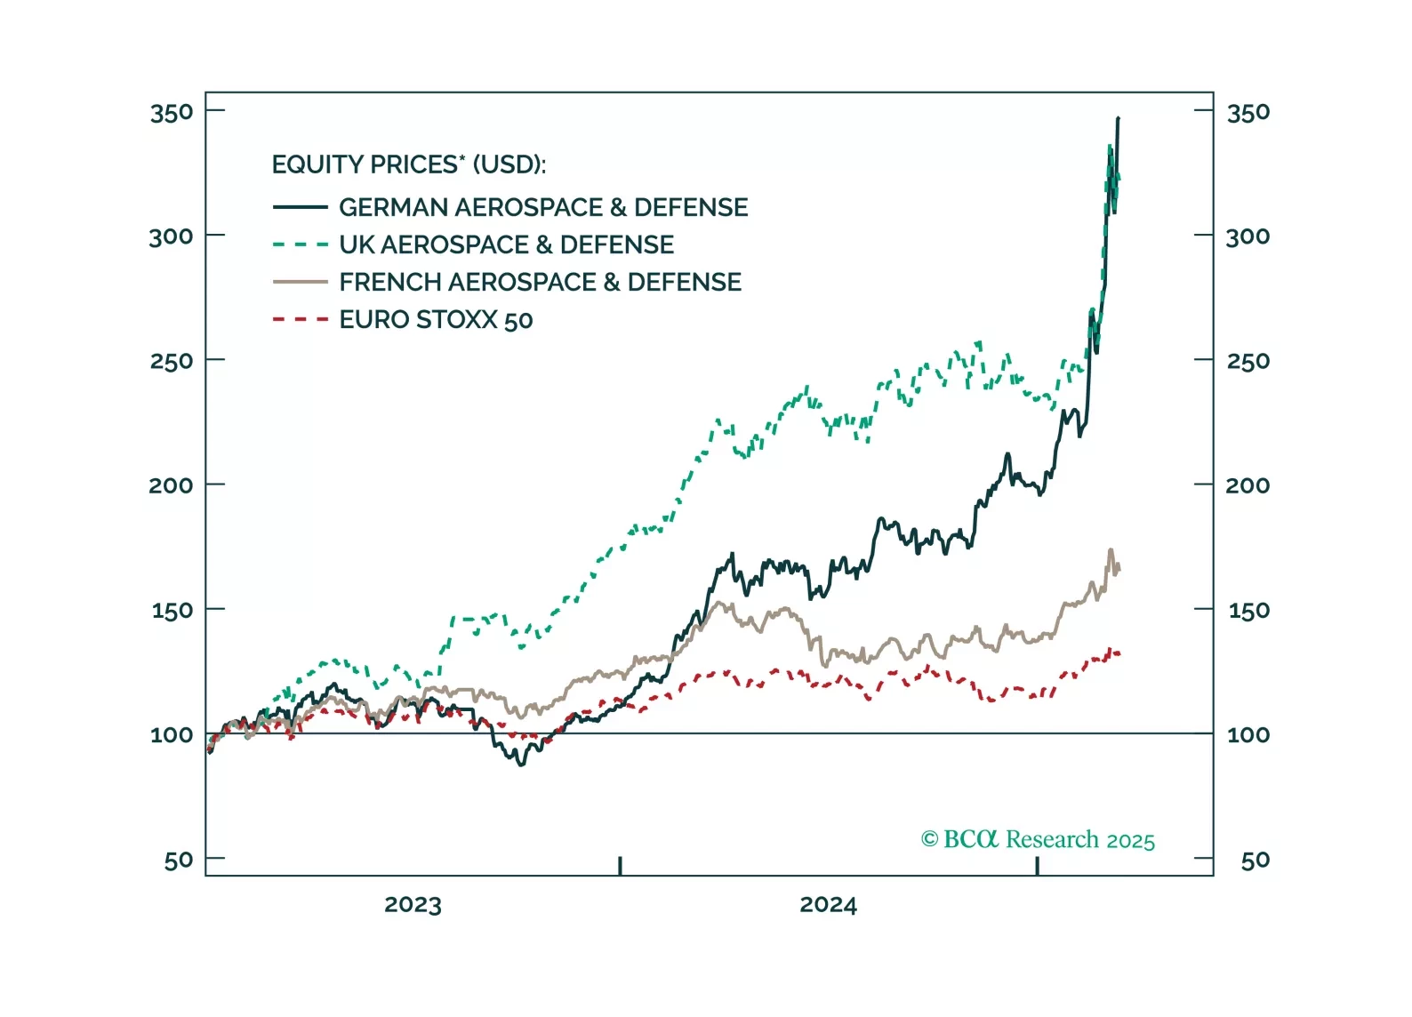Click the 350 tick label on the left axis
point(172,113)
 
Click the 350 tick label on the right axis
point(1248,113)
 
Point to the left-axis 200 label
point(172,485)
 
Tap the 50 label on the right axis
point(1255,861)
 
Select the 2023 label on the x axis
point(413,905)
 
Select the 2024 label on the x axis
point(828,905)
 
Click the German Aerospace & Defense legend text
point(543,208)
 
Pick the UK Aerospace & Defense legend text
point(506,245)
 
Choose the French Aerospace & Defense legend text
point(540,283)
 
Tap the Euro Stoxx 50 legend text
point(436,320)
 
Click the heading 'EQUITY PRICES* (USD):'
point(409,165)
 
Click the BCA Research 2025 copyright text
point(1038,840)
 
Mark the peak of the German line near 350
point(1118,118)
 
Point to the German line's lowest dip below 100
point(522,764)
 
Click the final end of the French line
point(1119,568)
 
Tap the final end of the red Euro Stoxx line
point(1119,653)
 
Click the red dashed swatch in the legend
point(301,319)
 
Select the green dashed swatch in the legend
point(301,244)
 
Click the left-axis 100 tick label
point(172,735)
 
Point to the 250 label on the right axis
point(1248,362)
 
